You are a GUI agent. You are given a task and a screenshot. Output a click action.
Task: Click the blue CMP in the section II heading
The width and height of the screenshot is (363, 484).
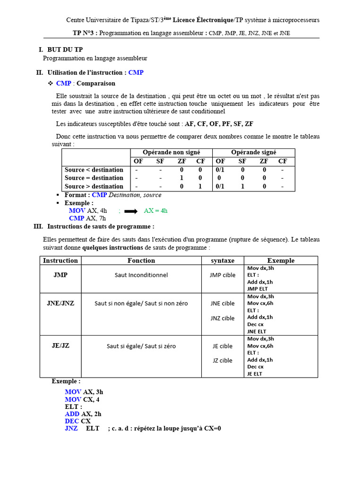point(136,72)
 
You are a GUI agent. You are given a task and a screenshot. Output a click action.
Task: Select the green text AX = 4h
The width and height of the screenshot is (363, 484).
point(156,211)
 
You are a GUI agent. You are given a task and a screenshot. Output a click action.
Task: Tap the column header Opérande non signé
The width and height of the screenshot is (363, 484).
point(171,152)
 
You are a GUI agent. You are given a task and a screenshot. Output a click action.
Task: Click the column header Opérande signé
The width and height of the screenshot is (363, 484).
point(253,152)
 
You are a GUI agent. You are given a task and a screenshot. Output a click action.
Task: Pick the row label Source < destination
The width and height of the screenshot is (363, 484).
point(94,170)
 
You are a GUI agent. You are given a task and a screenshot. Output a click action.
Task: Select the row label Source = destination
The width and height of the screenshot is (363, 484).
point(94,178)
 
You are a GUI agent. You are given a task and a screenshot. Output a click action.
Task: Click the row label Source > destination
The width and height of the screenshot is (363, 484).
point(94,187)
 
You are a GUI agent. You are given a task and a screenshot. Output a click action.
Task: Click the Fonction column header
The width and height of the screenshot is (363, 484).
point(141,260)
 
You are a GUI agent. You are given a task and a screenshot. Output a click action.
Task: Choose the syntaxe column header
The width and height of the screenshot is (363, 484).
point(222,260)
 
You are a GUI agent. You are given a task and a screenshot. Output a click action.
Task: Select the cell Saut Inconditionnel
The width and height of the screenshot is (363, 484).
point(141,275)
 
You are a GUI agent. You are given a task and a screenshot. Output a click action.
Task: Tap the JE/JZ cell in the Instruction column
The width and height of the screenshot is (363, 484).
point(60,346)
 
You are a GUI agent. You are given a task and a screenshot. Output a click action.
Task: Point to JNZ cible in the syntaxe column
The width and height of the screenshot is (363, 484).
point(222,318)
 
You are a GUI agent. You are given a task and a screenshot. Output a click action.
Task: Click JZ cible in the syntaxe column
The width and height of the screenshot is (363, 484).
point(222,361)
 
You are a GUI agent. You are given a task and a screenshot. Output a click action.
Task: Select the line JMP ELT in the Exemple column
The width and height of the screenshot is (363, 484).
point(257,289)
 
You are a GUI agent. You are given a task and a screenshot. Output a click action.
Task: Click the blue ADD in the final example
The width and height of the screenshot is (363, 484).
point(72,414)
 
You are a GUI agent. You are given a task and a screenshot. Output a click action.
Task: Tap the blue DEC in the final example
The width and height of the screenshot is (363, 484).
point(72,421)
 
